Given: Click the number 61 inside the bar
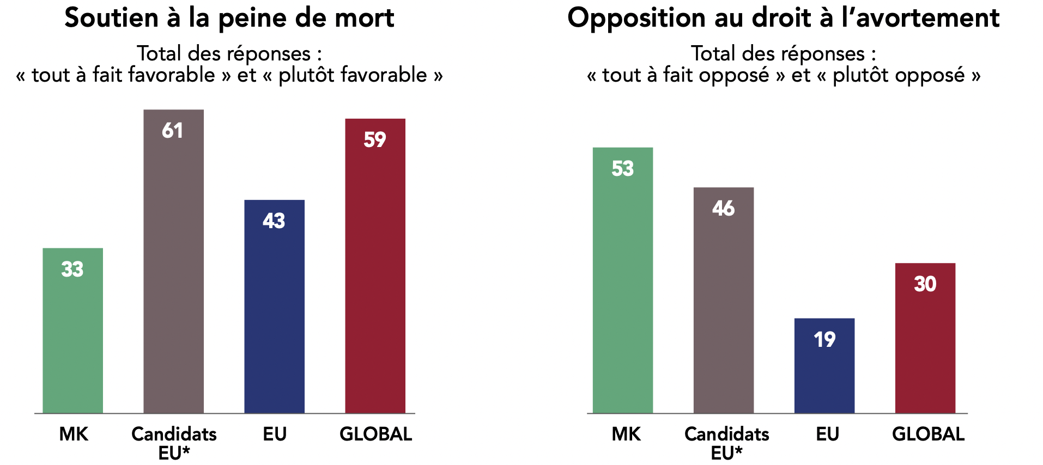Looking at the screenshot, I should click(172, 131).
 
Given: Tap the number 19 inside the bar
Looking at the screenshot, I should click(824, 340).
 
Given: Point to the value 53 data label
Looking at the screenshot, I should click(622, 169).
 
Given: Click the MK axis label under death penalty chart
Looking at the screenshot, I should click(74, 434).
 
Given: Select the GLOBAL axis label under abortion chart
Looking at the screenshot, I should click(928, 434).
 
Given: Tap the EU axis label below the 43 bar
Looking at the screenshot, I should click(275, 434).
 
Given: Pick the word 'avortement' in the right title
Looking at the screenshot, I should click(927, 18).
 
